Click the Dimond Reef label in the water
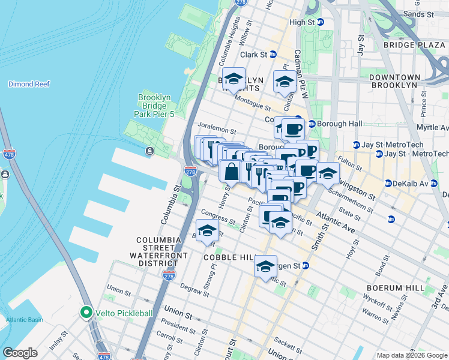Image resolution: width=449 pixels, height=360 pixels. point(29,84)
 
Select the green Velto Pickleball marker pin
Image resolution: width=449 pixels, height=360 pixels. point(86,313)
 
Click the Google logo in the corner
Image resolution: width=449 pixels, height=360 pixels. point(20,353)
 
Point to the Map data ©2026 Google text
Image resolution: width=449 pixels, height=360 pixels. point(411,355)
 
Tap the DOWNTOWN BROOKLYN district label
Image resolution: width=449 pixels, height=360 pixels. point(394,81)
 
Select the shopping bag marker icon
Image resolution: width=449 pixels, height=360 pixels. point(231,172)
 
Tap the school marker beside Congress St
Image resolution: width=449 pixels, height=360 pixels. point(207,231)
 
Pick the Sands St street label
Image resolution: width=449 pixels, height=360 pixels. point(419,13)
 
